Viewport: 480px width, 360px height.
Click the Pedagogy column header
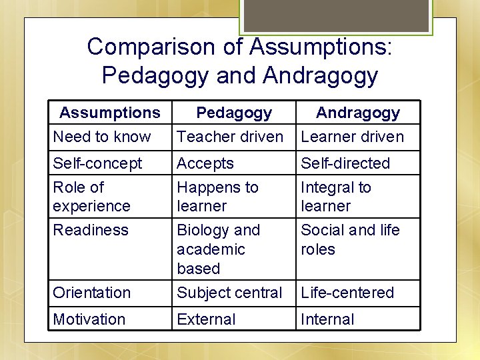(x=234, y=113)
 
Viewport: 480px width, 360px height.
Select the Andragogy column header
(x=358, y=113)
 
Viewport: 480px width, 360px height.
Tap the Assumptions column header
(x=110, y=113)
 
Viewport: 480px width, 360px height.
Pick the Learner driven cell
(x=352, y=137)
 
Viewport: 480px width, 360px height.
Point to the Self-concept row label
(x=97, y=163)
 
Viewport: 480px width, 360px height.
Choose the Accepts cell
(x=205, y=163)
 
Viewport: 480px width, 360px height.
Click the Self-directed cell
(x=345, y=163)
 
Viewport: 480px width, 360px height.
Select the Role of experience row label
(x=91, y=197)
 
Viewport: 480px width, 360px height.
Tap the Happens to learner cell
(x=217, y=197)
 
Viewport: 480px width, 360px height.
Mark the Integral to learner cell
(x=336, y=197)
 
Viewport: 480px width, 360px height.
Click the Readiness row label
(x=90, y=231)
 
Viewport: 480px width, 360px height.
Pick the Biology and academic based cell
(x=218, y=249)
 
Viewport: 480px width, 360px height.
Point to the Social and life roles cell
(x=350, y=240)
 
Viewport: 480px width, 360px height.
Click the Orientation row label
(x=92, y=293)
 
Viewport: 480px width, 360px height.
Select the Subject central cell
(x=230, y=293)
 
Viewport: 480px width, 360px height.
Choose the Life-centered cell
(x=347, y=293)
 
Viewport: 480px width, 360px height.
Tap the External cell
(x=206, y=319)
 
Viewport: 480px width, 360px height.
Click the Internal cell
(x=327, y=319)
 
